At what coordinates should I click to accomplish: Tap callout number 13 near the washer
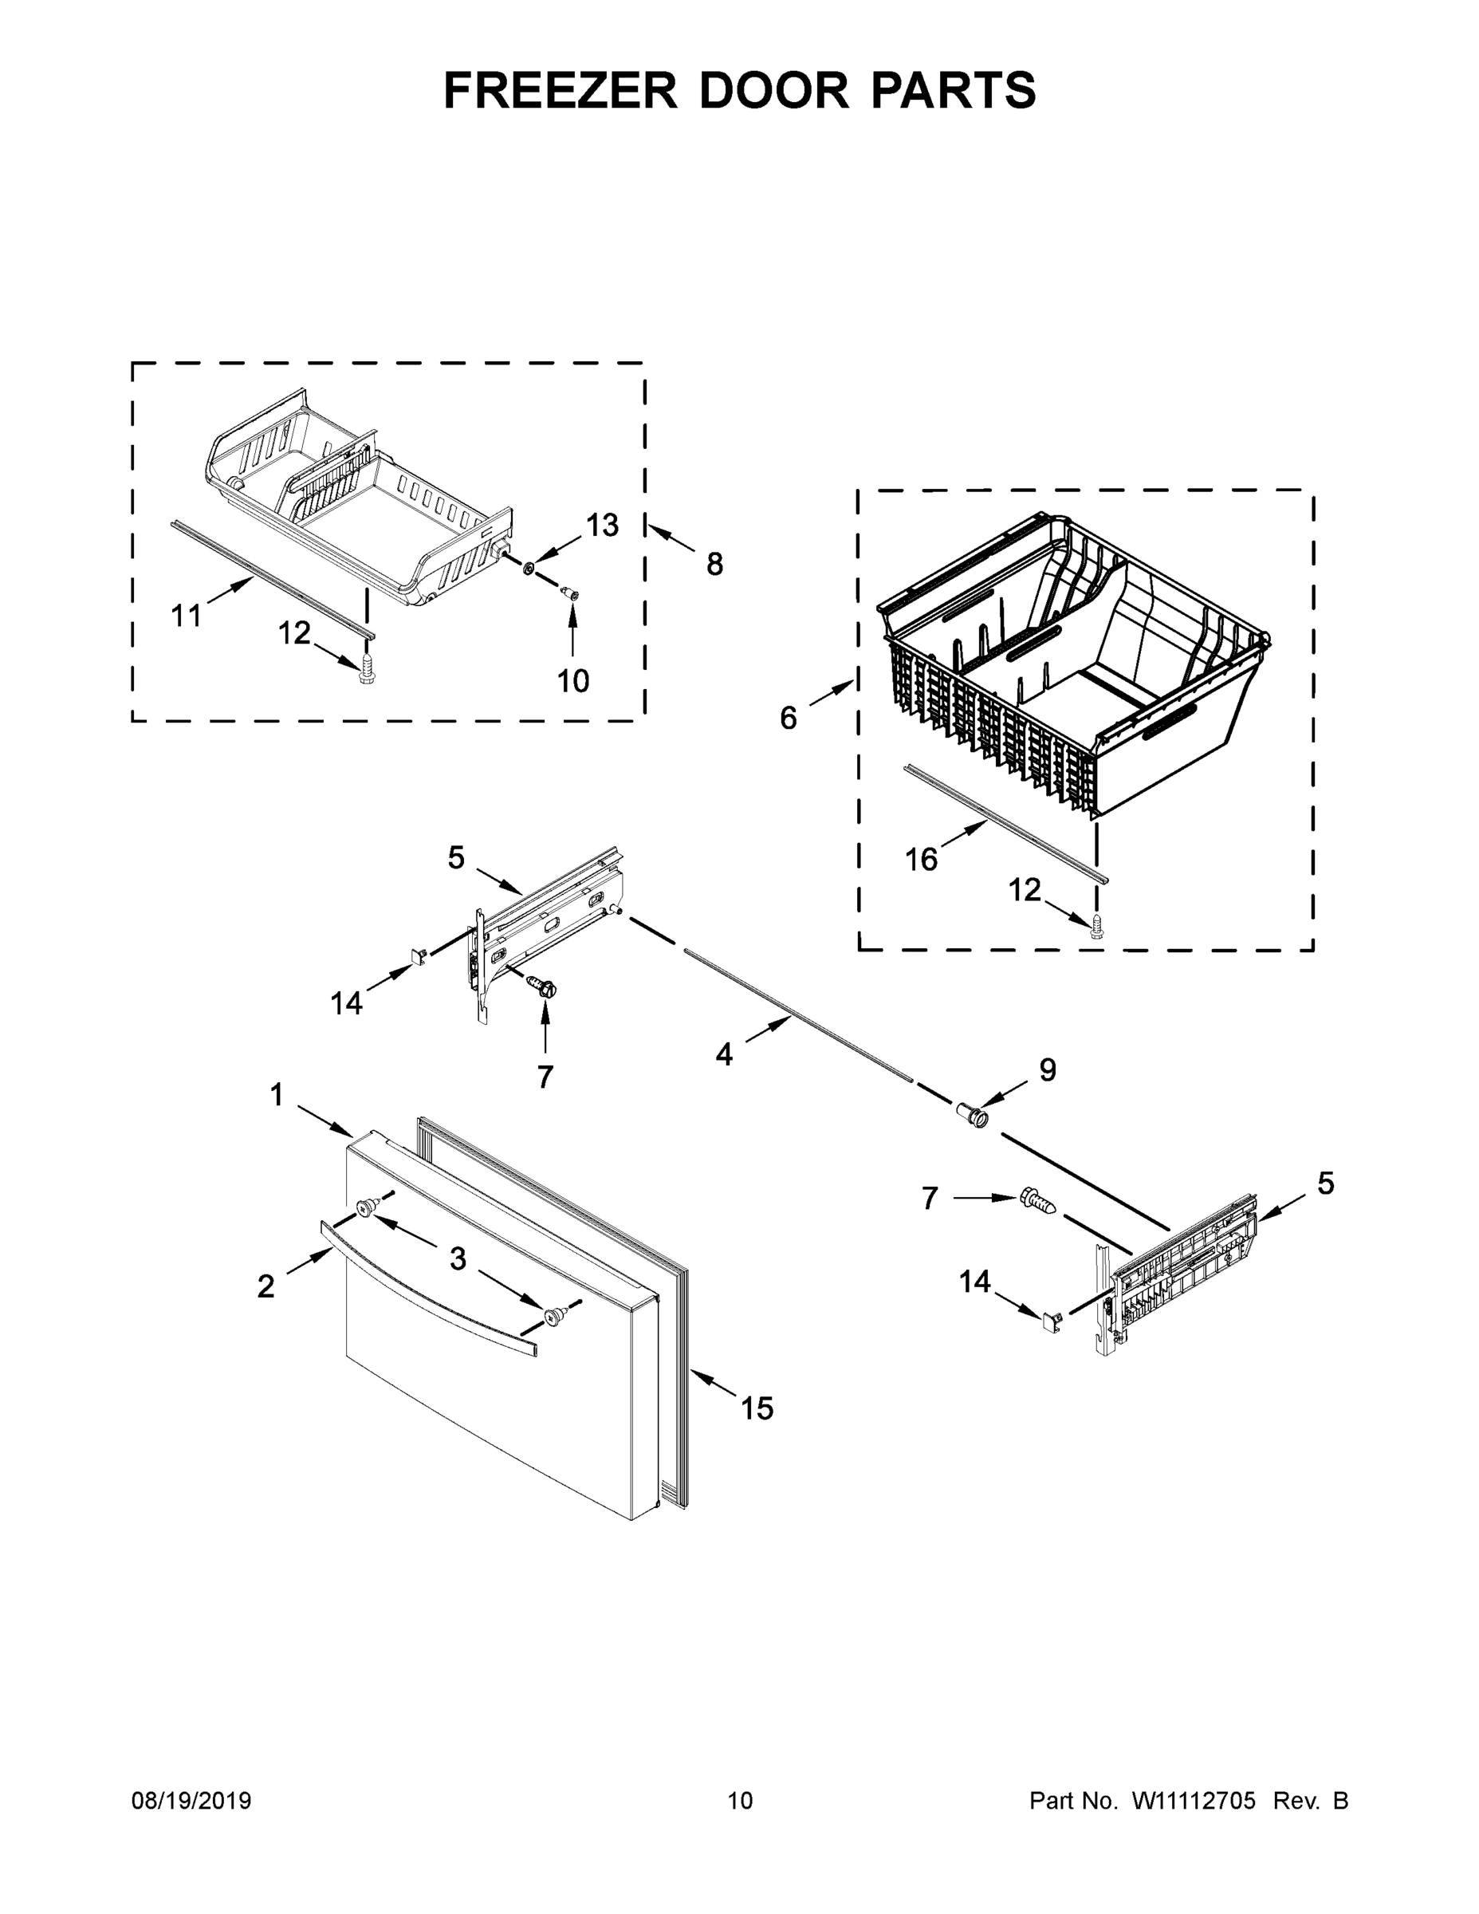pos(602,525)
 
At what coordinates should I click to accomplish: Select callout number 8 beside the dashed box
pos(715,565)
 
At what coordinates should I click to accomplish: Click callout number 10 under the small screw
pos(573,680)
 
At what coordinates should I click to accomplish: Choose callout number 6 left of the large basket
pos(789,718)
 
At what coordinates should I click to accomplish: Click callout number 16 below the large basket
pos(921,860)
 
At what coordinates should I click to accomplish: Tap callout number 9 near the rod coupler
pos(1048,1069)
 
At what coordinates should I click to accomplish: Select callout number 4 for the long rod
pos(724,1053)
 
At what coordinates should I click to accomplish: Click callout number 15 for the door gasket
pos(757,1408)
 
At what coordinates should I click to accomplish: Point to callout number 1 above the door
pos(277,1095)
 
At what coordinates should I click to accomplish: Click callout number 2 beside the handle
pos(266,1286)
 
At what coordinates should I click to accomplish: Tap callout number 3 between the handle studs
pos(458,1259)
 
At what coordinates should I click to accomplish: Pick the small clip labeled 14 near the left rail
pos(417,955)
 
